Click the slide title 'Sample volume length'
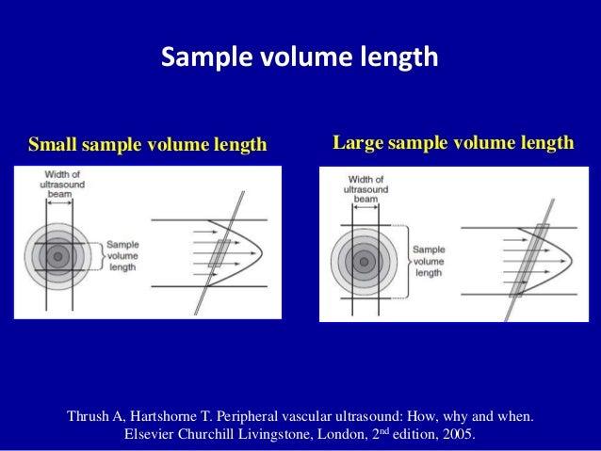[x=300, y=58]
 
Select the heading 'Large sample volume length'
[x=453, y=144]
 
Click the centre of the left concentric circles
[x=58, y=255]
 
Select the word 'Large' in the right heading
[x=354, y=144]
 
